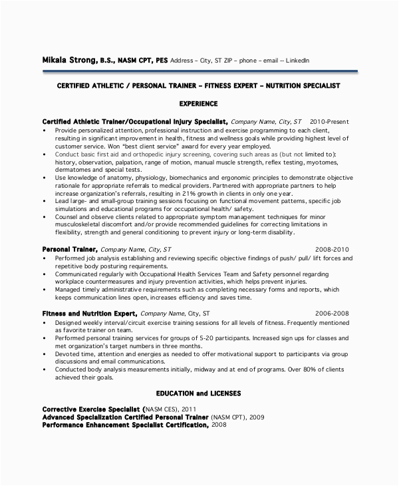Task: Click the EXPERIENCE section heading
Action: point(199,104)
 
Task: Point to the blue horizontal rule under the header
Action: point(199,71)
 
